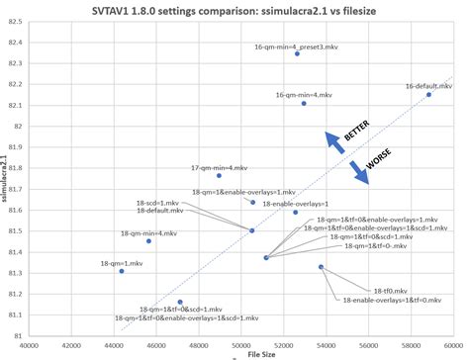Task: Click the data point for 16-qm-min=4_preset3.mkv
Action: click(297, 53)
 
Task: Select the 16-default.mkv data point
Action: click(428, 95)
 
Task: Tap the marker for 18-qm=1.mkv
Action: click(122, 270)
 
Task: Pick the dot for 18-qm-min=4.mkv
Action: click(148, 240)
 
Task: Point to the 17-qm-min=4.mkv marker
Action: click(219, 175)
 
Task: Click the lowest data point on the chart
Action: click(180, 302)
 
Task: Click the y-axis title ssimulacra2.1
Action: click(9, 178)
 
